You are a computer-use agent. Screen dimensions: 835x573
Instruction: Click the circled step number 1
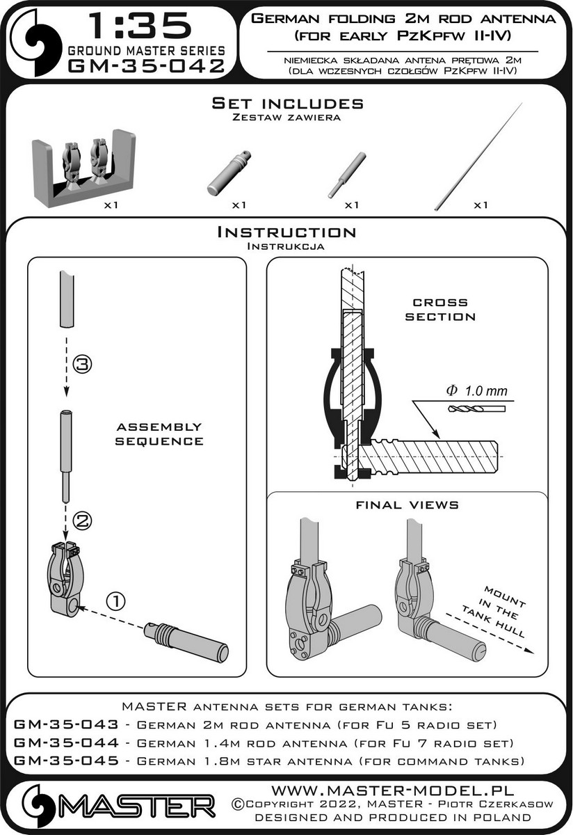pos(116,599)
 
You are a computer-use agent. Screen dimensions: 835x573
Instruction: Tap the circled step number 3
pos(82,363)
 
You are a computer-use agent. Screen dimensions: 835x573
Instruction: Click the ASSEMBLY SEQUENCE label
pos(159,434)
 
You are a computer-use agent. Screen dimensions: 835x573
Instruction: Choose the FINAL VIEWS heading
pos(407,504)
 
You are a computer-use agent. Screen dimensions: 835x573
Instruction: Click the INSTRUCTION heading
pos(286,232)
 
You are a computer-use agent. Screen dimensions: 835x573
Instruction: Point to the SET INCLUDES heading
pos(286,104)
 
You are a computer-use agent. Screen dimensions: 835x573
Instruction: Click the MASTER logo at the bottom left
pos(118,807)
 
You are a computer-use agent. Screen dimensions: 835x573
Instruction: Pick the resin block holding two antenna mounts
pos(83,169)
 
